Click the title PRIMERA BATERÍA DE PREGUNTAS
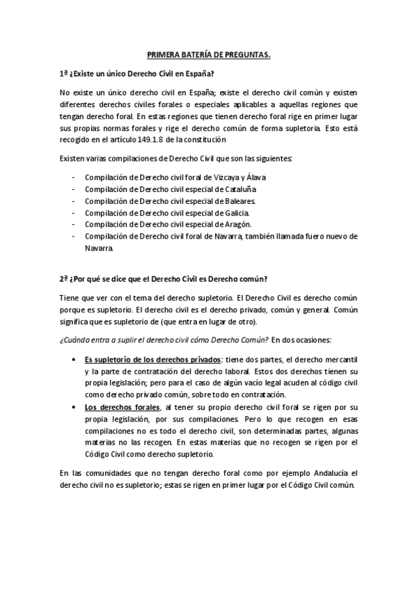209,54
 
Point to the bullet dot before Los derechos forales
76,406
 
